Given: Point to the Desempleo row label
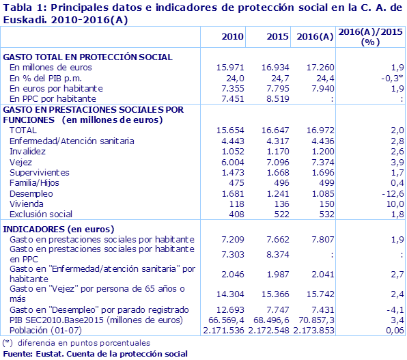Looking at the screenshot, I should pyautogui.click(x=29, y=193).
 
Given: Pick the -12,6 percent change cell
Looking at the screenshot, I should pyautogui.click(x=390, y=193).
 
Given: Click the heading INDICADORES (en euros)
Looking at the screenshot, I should pyautogui.click(x=59, y=228).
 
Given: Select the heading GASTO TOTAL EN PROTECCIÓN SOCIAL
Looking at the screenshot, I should pyautogui.click(x=88, y=57).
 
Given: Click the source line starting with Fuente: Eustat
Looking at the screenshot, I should pyautogui.click(x=95, y=353).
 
